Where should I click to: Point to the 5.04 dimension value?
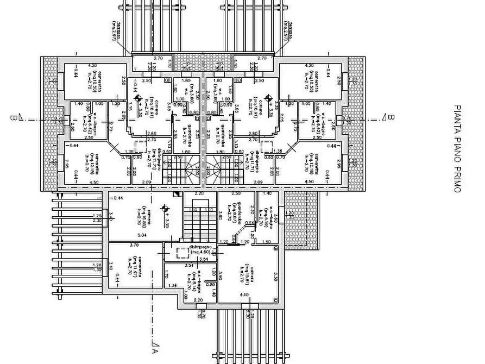[x=142, y=235]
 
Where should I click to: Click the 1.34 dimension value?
[x=173, y=285]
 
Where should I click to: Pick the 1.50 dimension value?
[x=266, y=242]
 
